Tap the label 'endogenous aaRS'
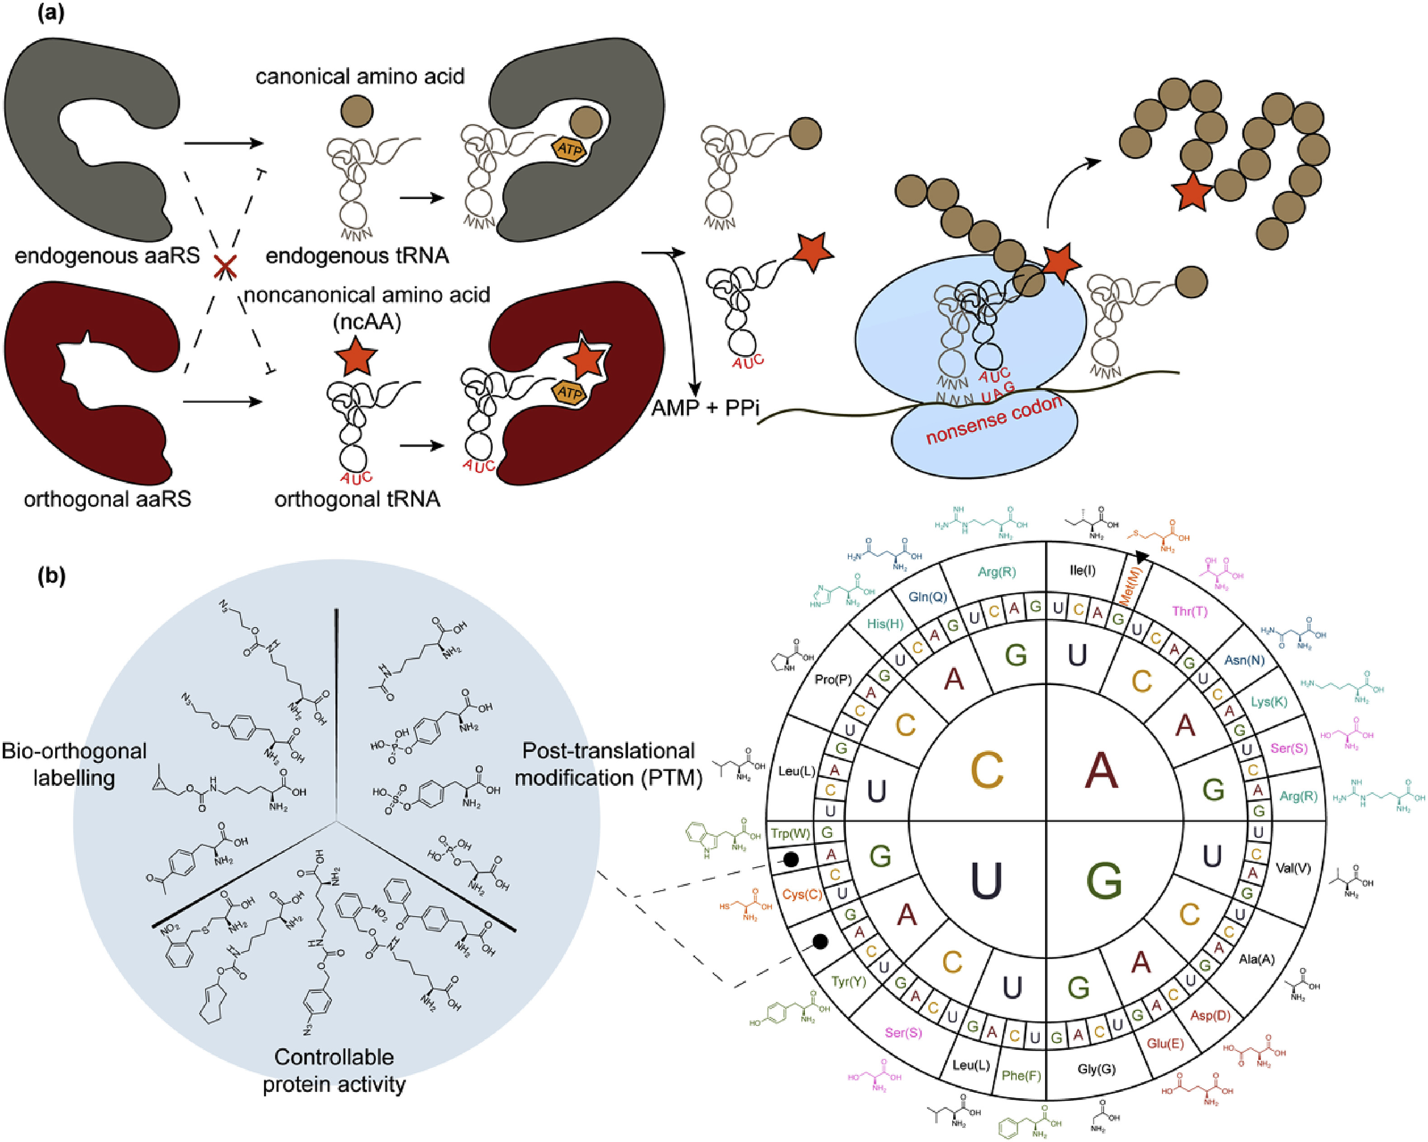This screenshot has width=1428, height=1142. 107,255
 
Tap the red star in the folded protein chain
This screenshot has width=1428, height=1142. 1192,193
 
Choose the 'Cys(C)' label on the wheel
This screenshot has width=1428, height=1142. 802,894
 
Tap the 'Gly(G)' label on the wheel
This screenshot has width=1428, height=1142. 1096,1068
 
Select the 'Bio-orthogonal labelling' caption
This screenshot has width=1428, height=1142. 74,764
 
